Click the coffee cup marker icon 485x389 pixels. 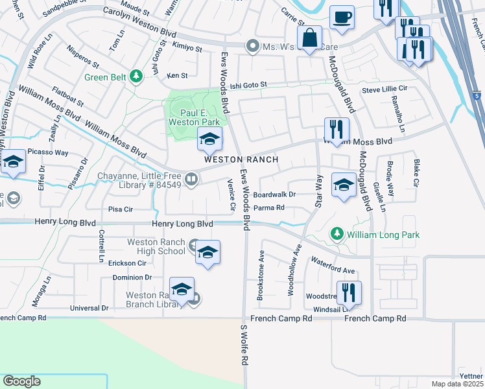coord(342,18)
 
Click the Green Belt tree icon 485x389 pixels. coord(136,77)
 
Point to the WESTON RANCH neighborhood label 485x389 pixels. coord(241,159)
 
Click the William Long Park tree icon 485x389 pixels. coord(337,233)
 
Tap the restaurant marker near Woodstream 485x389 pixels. coord(349,292)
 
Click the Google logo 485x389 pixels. coord(21,381)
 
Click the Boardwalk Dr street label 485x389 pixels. coord(274,194)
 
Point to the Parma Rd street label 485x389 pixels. coord(269,208)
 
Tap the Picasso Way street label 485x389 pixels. coord(47,153)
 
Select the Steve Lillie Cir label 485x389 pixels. coord(384,89)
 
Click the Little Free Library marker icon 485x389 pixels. coord(191,179)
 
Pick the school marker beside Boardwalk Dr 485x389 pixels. coord(343,184)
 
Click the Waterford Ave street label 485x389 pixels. coord(333,266)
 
